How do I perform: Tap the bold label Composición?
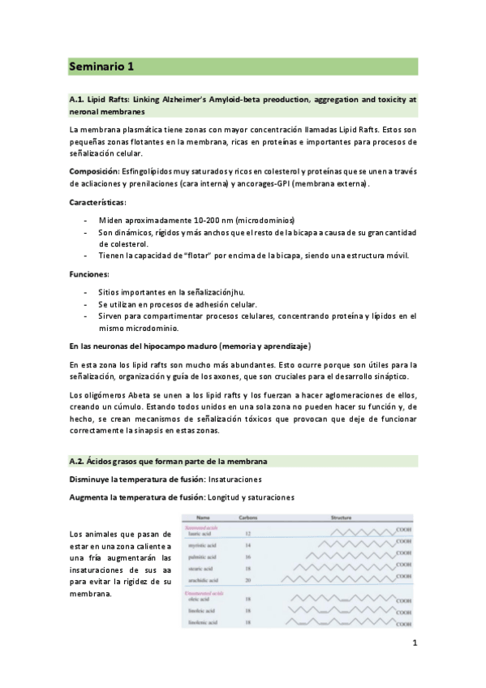click(93, 171)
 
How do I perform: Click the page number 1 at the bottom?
click(414, 645)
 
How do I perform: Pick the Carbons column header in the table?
click(249, 517)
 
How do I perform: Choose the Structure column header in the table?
click(342, 517)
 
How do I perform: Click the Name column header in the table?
click(203, 517)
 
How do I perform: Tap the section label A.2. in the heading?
click(76, 461)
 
